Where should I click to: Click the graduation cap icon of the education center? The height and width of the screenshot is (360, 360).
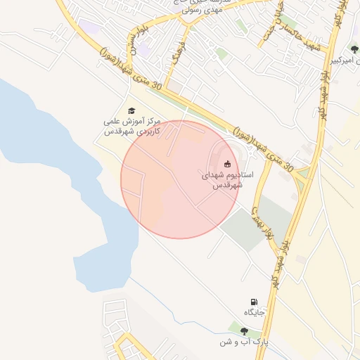[131, 110]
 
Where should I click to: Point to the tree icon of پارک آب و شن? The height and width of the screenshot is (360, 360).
[244, 331]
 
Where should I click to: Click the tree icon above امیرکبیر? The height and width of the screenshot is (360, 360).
[353, 49]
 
